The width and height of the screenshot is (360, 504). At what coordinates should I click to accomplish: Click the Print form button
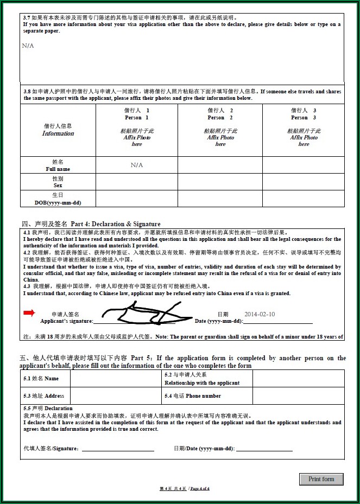tap(321, 479)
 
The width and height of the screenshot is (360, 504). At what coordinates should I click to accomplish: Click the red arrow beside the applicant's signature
tap(29, 312)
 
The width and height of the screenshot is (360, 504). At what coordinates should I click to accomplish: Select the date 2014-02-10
tap(260, 314)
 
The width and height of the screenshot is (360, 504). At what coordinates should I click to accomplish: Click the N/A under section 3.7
tap(28, 46)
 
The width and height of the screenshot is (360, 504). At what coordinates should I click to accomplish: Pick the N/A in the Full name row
tap(137, 165)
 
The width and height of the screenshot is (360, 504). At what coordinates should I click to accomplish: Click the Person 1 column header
tap(137, 114)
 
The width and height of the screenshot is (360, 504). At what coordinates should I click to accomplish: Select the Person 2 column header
tap(220, 114)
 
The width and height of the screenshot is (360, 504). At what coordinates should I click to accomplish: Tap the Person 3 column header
tap(304, 114)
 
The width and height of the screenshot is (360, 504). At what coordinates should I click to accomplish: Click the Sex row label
tap(58, 182)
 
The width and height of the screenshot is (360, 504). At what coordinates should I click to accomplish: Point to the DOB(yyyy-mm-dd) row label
tap(58, 199)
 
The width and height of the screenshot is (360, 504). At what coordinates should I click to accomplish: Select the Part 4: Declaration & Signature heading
tap(91, 224)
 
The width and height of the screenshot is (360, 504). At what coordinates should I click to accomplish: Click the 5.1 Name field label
tap(41, 379)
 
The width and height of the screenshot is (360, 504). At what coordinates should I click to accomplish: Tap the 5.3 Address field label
tap(44, 396)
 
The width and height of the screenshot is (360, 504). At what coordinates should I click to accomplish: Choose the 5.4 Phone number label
tap(193, 396)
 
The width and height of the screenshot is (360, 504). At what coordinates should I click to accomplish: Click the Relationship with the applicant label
tap(202, 382)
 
